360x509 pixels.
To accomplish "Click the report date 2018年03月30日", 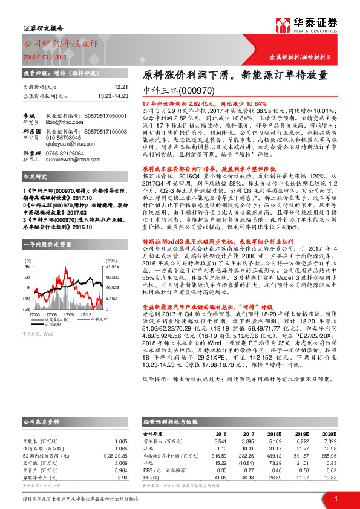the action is coord(41,55).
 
